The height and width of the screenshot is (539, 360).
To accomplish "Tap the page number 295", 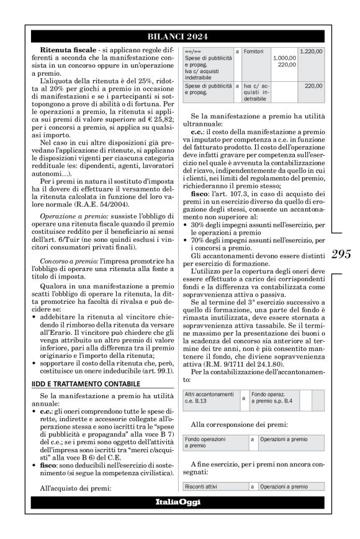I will (x=341, y=254).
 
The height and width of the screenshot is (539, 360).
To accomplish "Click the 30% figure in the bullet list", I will (x=200, y=228).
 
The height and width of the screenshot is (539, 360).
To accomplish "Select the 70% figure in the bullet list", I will (x=200, y=249).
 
